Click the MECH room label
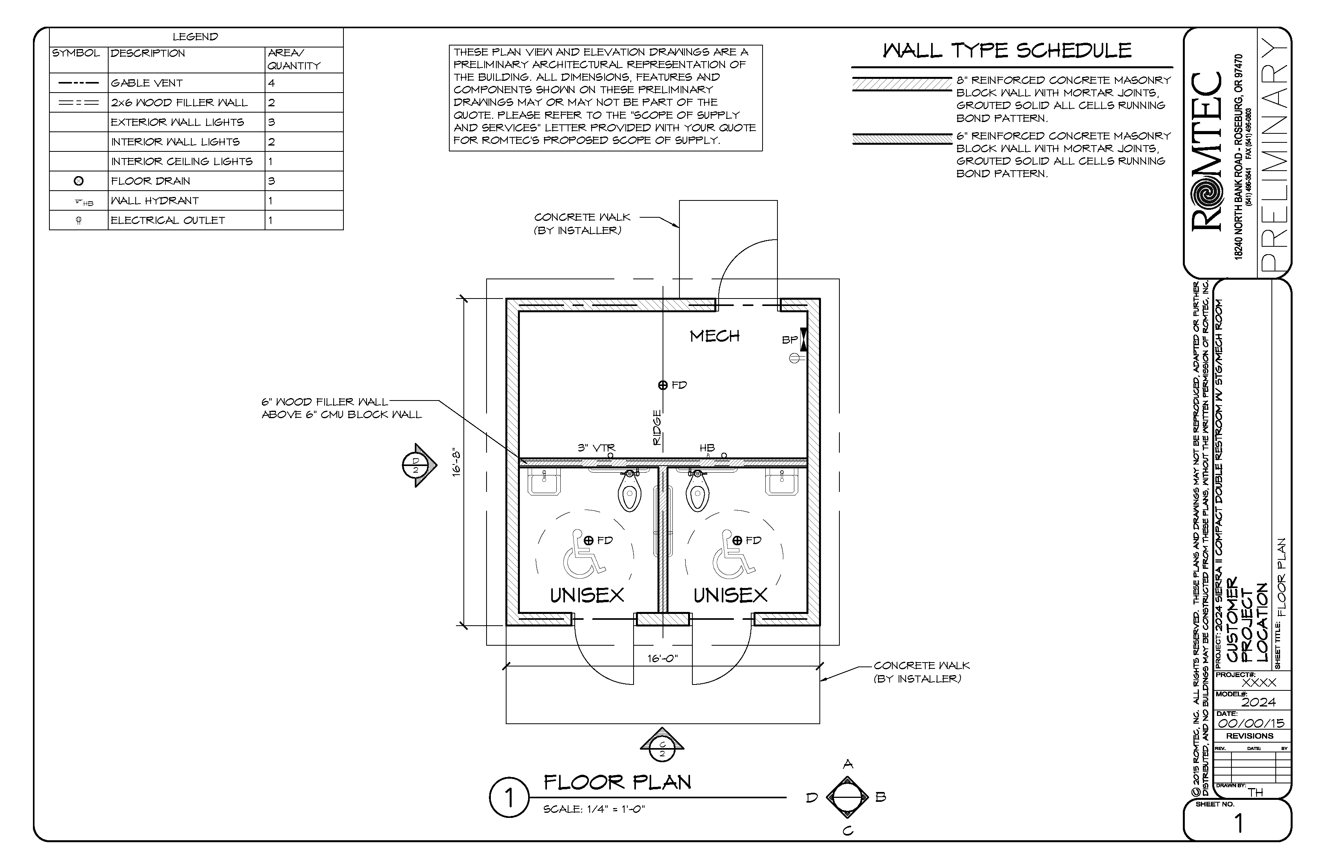coord(715,336)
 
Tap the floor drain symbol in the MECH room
coord(663,385)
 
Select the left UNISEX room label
coord(587,595)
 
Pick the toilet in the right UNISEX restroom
coord(697,492)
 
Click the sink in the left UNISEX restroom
coord(544,482)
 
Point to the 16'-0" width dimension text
coord(663,659)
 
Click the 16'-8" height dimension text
coord(456,463)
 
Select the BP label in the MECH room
coord(789,340)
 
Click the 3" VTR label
coord(596,448)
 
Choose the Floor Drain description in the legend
coord(151,181)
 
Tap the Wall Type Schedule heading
coord(1007,51)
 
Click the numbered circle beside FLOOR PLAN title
coord(509,797)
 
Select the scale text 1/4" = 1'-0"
coord(594,809)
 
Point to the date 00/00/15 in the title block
coord(1251,723)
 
